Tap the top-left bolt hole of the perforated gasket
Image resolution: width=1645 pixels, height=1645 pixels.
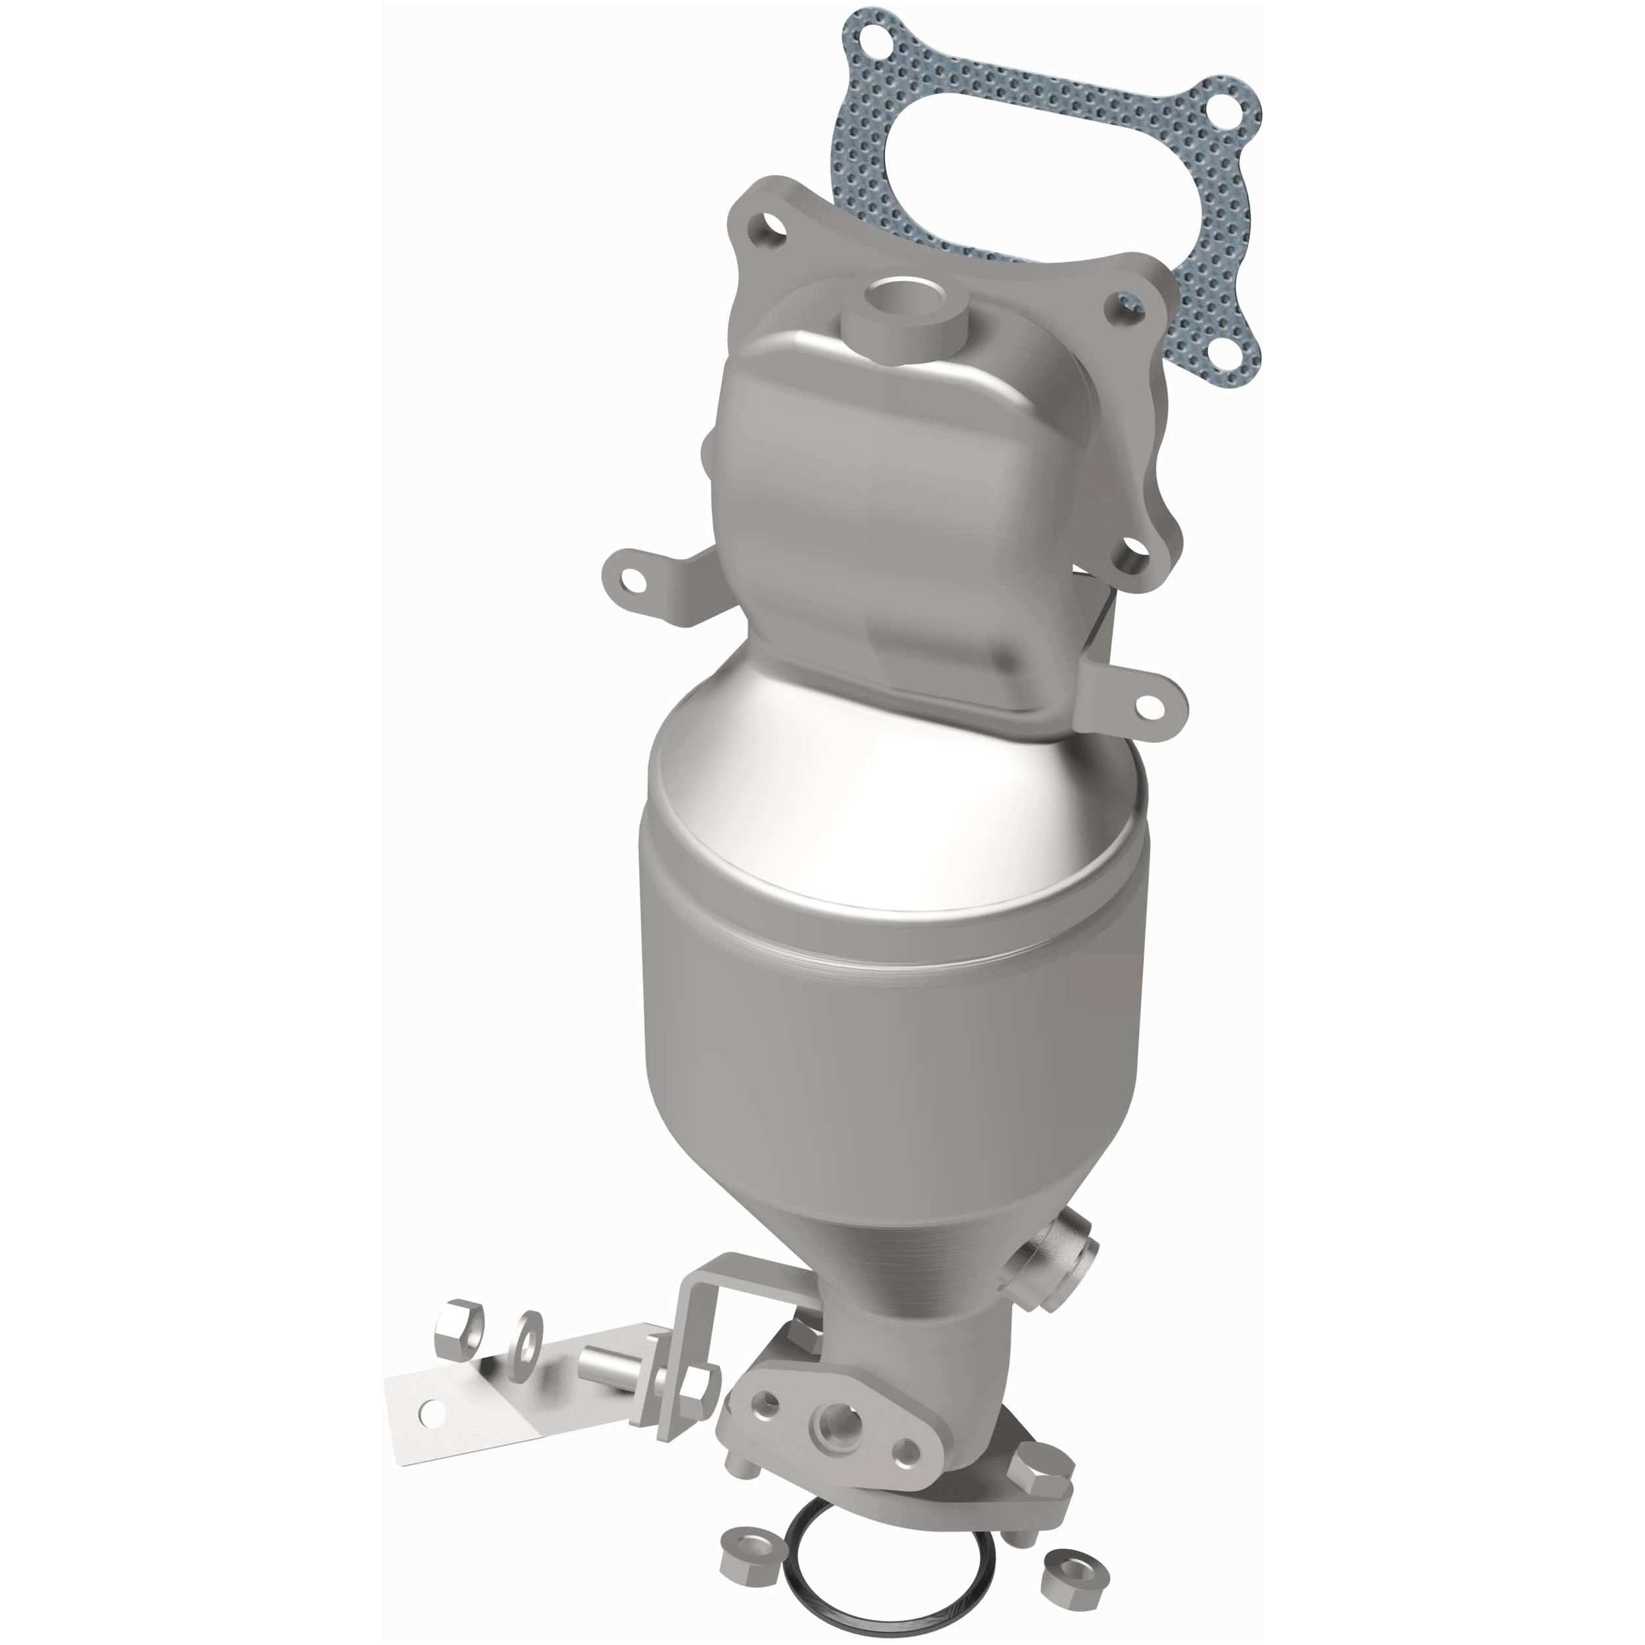pyautogui.click(x=867, y=38)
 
